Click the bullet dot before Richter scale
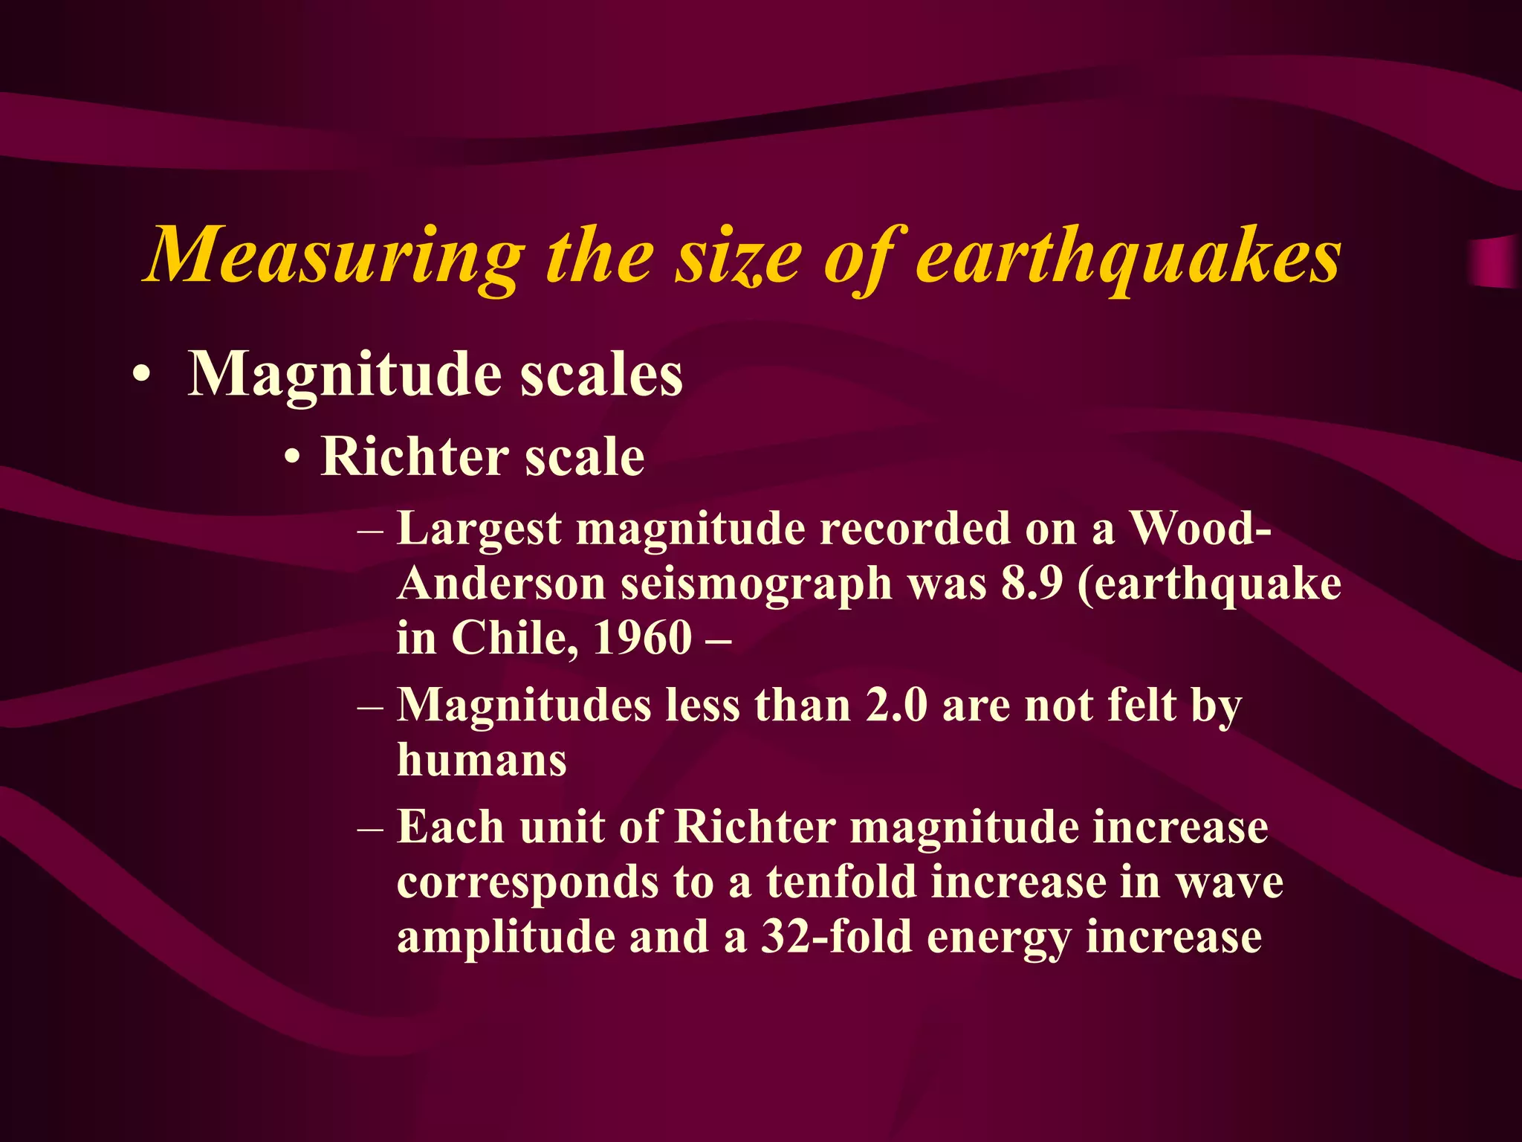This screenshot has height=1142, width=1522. click(294, 458)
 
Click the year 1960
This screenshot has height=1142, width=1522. click(643, 638)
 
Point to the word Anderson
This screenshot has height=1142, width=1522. click(502, 584)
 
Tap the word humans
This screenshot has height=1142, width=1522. click(482, 760)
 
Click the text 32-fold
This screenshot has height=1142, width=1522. click(836, 936)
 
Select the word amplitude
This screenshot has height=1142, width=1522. click(505, 938)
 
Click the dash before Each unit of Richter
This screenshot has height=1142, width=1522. click(370, 828)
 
